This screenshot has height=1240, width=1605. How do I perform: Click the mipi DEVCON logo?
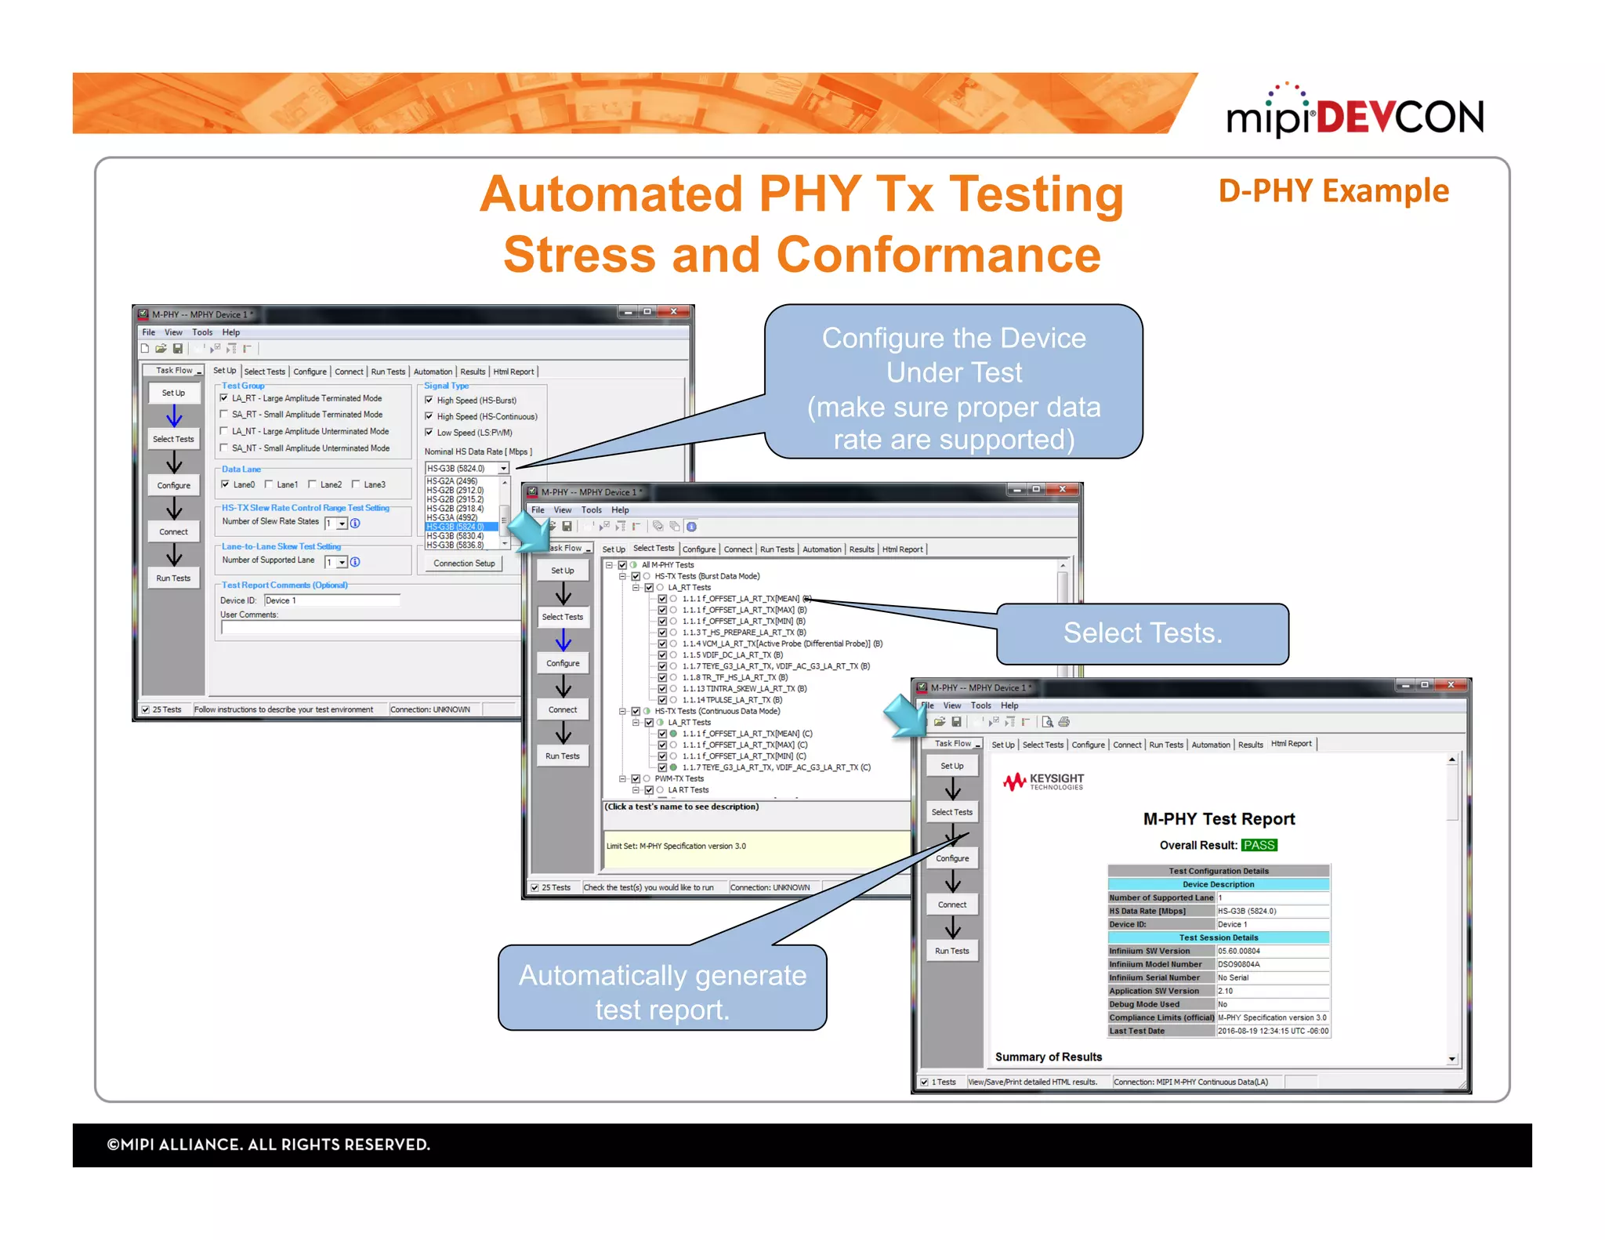click(1354, 114)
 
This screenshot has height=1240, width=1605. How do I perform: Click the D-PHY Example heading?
click(1333, 191)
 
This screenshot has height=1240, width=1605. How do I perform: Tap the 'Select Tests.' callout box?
click(1142, 633)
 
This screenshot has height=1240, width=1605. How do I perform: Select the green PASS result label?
click(1259, 845)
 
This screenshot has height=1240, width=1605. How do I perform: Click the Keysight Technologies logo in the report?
click(1044, 781)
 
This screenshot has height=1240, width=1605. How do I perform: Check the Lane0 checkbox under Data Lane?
click(226, 484)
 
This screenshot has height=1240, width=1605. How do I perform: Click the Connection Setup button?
click(464, 564)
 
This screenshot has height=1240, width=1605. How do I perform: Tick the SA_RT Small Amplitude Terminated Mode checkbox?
click(224, 415)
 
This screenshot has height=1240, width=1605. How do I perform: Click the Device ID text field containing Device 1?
click(332, 600)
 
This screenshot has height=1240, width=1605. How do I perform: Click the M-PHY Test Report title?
click(1219, 819)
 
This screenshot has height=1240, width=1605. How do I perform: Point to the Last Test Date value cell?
click(1272, 1031)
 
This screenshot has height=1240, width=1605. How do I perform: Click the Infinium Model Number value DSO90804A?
click(1239, 964)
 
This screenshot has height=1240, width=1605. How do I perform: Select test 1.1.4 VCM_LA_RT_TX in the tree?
click(775, 644)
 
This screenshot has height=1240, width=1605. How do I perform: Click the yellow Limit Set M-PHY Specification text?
click(676, 847)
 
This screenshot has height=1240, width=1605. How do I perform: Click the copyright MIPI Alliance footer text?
click(268, 1145)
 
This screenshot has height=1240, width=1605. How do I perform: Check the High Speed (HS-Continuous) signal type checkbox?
click(429, 416)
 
